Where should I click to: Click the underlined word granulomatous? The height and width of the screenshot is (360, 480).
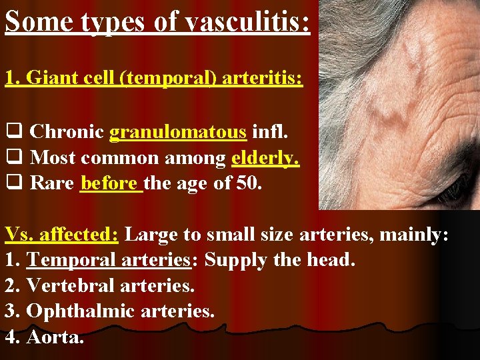coord(178,132)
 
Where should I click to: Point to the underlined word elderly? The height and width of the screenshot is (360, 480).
coord(265,157)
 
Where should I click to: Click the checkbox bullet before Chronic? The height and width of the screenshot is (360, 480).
coord(13,133)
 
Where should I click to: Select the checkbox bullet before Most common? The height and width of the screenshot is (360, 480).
coord(13,158)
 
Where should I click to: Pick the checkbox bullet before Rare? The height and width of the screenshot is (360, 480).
coord(13,183)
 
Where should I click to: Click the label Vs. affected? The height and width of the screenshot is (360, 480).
coord(62,235)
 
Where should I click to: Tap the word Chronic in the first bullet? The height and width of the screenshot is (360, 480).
coord(67,132)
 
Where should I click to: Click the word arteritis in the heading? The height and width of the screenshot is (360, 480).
coord(265,79)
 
